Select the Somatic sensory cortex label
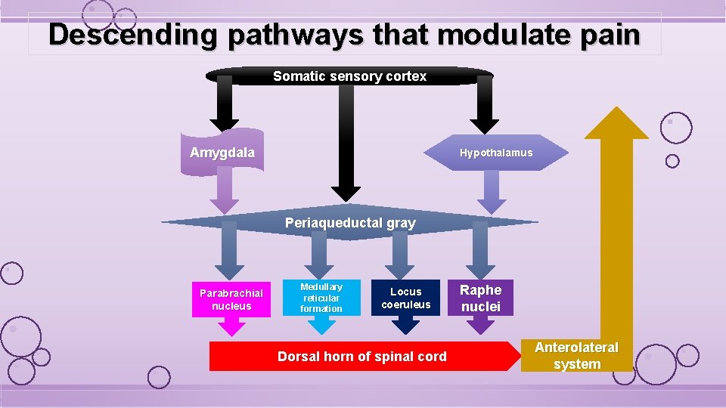(x=349, y=76)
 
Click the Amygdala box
(x=222, y=153)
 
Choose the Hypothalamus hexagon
(x=495, y=153)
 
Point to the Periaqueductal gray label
(x=349, y=223)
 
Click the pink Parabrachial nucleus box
(x=231, y=300)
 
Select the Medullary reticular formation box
(x=321, y=298)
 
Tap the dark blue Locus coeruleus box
(x=406, y=298)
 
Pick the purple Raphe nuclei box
(x=481, y=298)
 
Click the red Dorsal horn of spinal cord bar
(x=361, y=357)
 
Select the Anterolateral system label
(x=576, y=356)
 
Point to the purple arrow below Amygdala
(x=224, y=193)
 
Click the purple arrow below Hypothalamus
(x=492, y=192)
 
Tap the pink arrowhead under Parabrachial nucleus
(x=231, y=326)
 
